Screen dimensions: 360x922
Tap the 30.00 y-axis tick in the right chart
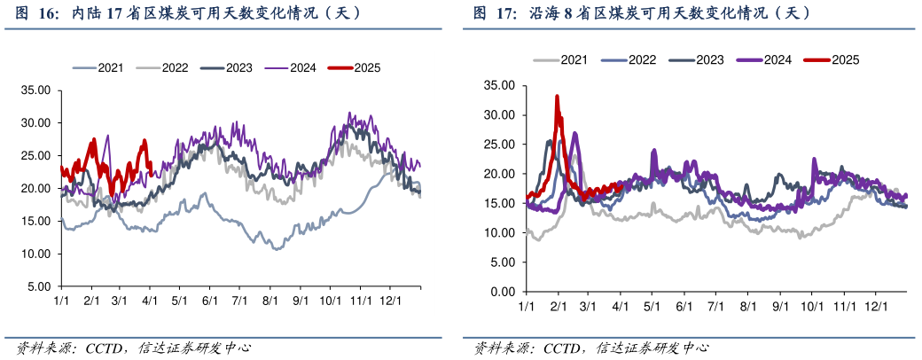[x=498, y=115]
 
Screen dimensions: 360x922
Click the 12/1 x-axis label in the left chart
[x=390, y=301]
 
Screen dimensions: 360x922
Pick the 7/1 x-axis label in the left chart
[x=239, y=301]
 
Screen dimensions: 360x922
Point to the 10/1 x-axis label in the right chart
[x=811, y=306]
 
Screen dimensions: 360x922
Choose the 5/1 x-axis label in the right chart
[x=652, y=306]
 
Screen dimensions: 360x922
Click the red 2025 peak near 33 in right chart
[x=557, y=97]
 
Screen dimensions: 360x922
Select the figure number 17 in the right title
[x=501, y=13]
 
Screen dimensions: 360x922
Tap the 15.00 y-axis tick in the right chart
[x=498, y=203]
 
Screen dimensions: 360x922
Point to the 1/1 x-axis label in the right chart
[x=526, y=306]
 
